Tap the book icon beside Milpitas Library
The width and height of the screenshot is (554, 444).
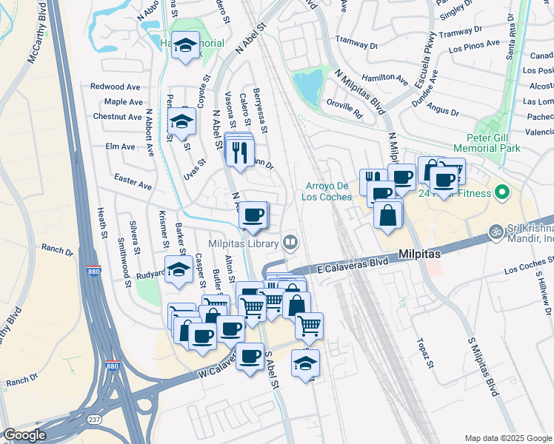290,243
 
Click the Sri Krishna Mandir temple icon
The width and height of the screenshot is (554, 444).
496,232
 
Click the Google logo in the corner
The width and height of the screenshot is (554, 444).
24,435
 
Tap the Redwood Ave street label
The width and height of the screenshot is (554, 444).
116,87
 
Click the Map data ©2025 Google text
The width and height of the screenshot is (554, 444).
507,437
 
